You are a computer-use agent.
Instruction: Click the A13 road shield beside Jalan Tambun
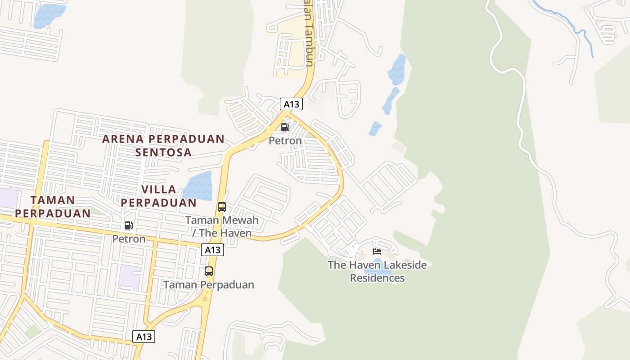pos(291,104)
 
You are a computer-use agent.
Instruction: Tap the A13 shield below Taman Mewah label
pos(212,250)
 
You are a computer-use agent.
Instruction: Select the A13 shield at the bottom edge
pos(144,336)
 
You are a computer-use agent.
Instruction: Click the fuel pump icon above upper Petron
pos(285,127)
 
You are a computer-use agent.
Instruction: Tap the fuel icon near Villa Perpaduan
pos(129,225)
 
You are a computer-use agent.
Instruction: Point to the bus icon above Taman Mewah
pos(222,207)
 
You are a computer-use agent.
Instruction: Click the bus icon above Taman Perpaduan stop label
pos(209,271)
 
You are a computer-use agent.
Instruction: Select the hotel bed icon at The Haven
pos(377,251)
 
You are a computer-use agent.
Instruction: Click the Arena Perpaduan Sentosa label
pos(163,145)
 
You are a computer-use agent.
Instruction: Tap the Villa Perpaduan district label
pos(158,196)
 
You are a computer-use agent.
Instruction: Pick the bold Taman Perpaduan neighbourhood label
pos(53,206)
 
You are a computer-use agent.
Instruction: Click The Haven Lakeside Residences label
pos(377,271)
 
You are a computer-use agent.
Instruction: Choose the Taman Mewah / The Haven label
pos(222,226)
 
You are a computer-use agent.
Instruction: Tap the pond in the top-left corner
pos(49,15)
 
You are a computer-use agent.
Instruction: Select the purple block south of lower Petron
pos(130,277)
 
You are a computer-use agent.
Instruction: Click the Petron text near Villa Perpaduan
pos(129,238)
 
